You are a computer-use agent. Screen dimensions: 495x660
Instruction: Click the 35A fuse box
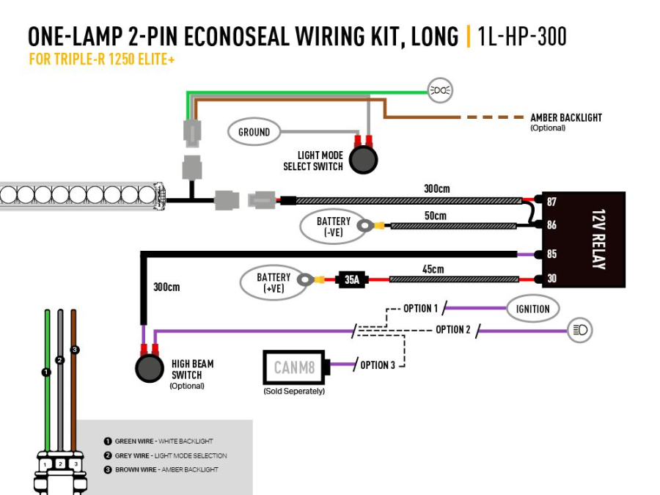[x=352, y=279]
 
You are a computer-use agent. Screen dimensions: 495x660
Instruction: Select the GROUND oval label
[x=254, y=132]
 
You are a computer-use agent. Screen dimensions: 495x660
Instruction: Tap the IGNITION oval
[x=532, y=309]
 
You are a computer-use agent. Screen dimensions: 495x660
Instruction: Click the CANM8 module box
[x=295, y=367]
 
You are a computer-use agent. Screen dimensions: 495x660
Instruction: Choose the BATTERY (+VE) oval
[x=274, y=282]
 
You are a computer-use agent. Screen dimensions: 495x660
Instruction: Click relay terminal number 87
[x=551, y=201]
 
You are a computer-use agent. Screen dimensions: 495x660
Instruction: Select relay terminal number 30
[x=551, y=279]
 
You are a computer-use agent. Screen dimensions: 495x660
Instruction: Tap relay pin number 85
[x=551, y=254]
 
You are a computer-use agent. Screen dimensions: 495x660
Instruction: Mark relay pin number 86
[x=551, y=225]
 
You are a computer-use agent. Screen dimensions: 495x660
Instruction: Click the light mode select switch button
[x=362, y=159]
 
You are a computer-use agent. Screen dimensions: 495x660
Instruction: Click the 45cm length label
[x=433, y=269]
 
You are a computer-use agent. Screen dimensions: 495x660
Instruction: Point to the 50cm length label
[x=435, y=216]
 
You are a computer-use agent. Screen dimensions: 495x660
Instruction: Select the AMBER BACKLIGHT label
[x=565, y=117]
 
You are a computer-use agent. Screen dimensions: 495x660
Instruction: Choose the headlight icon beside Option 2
[x=580, y=331]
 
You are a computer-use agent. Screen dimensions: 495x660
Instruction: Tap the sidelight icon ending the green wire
[x=440, y=91]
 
